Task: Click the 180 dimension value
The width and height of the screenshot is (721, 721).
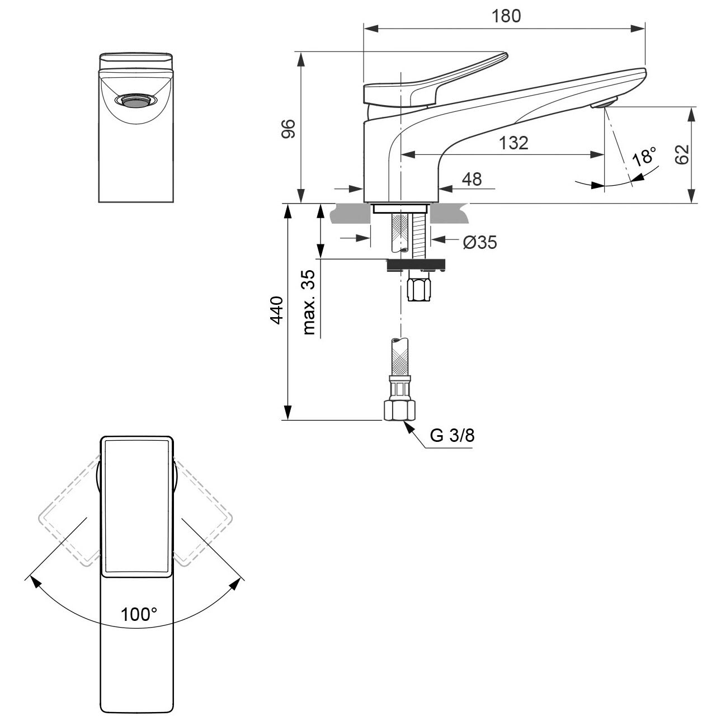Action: coord(506,16)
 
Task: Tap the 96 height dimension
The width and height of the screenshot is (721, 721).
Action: coord(288,129)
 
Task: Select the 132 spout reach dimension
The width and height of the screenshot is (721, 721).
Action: coord(513,143)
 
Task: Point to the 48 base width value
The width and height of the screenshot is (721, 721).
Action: coord(472,180)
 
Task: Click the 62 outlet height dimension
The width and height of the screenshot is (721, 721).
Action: coord(682,154)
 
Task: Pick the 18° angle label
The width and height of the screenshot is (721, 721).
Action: coord(644,157)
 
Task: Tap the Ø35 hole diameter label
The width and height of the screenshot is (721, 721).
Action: coord(480,242)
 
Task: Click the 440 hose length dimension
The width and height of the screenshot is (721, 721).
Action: coord(276,310)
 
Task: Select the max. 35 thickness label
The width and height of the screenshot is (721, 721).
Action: coord(309,302)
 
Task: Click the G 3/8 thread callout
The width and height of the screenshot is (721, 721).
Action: coord(453,435)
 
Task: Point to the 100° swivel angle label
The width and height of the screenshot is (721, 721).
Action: coord(139,614)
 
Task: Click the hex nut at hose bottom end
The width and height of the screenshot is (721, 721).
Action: coord(399,410)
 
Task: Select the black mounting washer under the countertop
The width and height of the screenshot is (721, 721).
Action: coord(416,265)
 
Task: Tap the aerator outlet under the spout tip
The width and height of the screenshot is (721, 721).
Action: coord(604,102)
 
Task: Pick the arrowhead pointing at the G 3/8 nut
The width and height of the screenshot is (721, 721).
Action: coord(408,427)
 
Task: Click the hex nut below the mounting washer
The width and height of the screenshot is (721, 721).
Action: coord(420,286)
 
